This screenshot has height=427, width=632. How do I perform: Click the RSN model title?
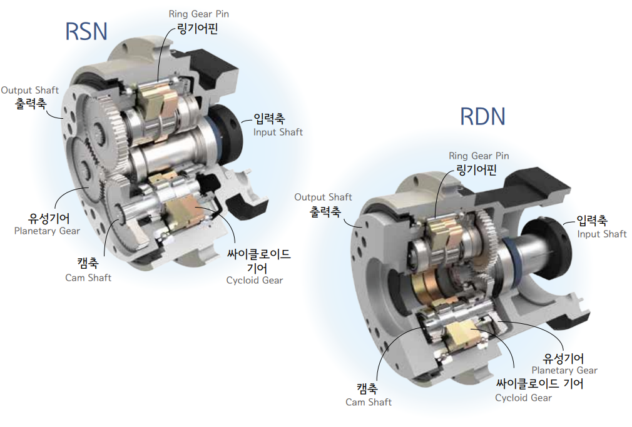click(x=86, y=31)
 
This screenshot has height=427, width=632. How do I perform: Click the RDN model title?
click(x=482, y=116)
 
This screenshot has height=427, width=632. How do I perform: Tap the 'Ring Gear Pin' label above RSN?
click(x=199, y=14)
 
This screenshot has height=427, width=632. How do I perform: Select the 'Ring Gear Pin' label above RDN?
click(x=479, y=156)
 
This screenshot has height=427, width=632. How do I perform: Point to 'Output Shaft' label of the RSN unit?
click(x=30, y=90)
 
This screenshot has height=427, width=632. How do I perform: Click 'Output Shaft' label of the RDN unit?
click(x=323, y=197)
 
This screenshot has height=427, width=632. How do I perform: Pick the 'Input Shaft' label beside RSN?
click(x=278, y=132)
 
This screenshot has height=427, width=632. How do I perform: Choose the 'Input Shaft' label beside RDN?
click(x=602, y=234)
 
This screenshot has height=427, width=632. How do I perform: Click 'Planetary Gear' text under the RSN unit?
click(x=47, y=231)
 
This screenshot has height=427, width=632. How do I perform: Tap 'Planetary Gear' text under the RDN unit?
click(x=564, y=370)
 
